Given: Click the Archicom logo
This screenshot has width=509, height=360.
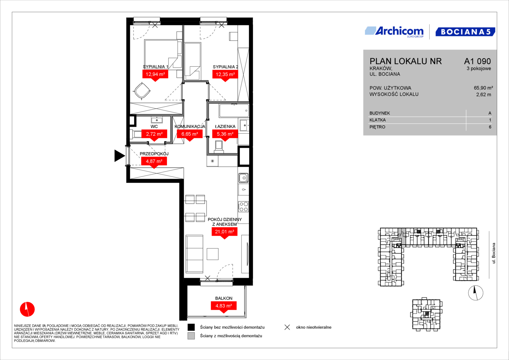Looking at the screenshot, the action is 394,32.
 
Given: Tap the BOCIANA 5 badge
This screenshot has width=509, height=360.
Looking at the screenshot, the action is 465,32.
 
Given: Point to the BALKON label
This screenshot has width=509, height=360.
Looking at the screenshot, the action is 224,298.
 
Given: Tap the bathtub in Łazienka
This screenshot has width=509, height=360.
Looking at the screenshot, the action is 234,111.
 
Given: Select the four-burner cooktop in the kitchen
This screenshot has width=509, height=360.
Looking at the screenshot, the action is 243,207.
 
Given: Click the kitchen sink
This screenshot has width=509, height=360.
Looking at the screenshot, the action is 243,178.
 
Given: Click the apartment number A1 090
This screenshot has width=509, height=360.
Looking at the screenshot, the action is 477,61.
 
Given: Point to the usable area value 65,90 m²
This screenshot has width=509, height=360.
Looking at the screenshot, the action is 483,88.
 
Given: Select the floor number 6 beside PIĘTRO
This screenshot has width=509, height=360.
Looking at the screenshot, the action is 490,127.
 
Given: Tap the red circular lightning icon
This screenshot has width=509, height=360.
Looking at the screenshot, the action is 27,309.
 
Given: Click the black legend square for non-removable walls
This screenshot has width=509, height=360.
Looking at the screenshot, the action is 191,327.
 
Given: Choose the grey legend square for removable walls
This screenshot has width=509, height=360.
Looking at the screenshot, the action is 191,336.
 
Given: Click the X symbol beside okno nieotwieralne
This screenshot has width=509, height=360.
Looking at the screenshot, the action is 287,327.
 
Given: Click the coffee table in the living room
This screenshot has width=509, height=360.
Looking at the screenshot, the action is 212,254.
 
